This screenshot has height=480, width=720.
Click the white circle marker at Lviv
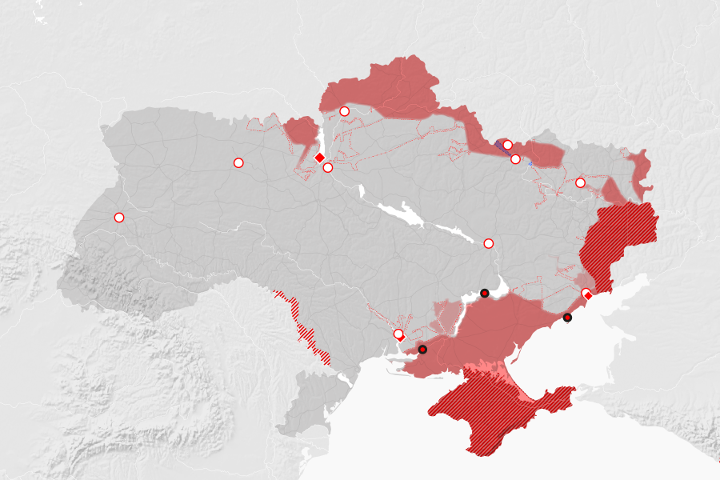click(x=119, y=218)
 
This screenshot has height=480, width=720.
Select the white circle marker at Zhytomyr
click(x=238, y=162)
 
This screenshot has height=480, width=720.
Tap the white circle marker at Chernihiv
click(x=345, y=111)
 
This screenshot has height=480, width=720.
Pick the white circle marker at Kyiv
click(x=328, y=167)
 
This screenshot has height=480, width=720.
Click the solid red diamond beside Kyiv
click(x=319, y=158)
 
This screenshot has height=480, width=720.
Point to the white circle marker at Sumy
click(x=507, y=145)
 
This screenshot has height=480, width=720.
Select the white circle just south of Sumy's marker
click(x=515, y=159)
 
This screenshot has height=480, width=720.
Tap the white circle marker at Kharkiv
click(x=580, y=183)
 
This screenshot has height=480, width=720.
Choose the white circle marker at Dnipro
click(x=489, y=243)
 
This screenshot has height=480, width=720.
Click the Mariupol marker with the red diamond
click(x=586, y=294)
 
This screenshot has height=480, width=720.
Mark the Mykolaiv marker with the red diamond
click(x=398, y=334)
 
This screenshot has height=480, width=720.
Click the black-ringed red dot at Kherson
click(x=422, y=349)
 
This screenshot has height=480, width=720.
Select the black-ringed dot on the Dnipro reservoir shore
click(x=484, y=294)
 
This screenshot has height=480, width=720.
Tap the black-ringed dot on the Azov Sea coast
click(x=567, y=318)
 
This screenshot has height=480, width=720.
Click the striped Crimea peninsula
click(x=496, y=412)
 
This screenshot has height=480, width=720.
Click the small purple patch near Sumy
click(x=502, y=146)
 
